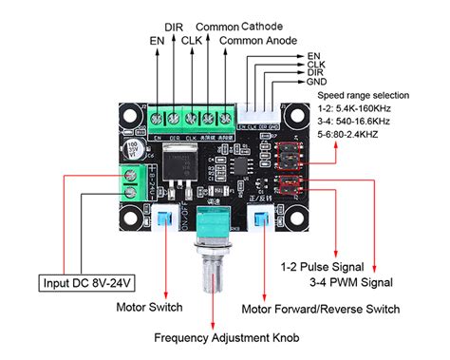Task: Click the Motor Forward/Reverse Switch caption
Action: click(321, 308)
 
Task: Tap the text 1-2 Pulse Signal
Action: click(325, 266)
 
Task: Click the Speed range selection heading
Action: click(364, 96)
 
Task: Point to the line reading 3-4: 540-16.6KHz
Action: click(361, 123)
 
